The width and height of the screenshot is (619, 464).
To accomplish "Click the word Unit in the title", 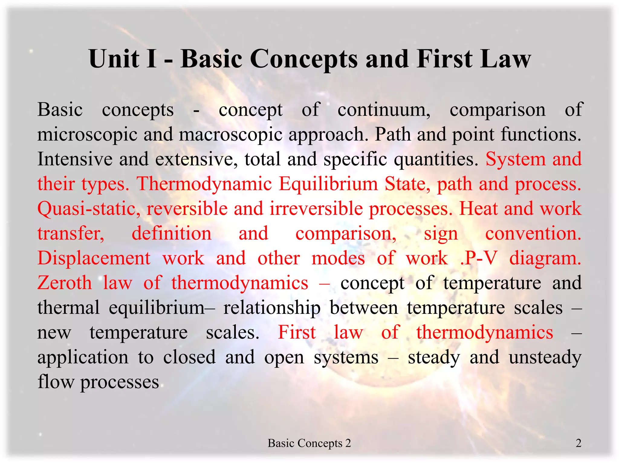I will [114, 59].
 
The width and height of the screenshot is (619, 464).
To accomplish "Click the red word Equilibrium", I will [328, 184].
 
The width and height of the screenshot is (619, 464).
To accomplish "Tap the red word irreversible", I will [316, 209].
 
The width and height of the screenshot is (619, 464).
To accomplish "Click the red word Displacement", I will [94, 258].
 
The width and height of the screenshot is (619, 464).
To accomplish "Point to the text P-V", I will [480, 258].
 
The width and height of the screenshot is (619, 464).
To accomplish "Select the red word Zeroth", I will [65, 283].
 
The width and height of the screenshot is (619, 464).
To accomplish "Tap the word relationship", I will [272, 308].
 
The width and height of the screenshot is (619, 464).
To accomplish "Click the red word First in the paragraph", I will [297, 333].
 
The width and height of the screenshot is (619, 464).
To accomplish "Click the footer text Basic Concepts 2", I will [309, 443].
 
